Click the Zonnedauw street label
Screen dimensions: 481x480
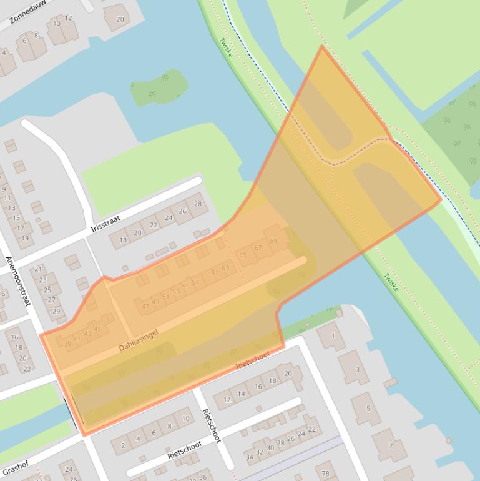(29, 11)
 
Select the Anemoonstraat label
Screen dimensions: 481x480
(19, 280)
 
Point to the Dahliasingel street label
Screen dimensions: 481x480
(139, 339)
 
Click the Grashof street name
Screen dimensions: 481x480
(15, 467)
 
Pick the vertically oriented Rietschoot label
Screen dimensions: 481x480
(212, 425)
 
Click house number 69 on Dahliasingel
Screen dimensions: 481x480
(273, 241)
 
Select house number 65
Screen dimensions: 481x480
(243, 255)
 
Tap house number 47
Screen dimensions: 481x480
(145, 306)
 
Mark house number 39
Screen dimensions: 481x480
(67, 344)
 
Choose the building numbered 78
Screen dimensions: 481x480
(325, 473)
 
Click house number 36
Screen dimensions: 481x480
(202, 477)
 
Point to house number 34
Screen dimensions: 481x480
(250, 457)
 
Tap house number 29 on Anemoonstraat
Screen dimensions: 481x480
(55, 311)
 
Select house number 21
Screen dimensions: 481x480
(38, 270)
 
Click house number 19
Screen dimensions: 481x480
(25, 238)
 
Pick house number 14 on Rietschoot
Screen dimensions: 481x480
(242, 394)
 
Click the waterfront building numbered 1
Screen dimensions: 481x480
(333, 336)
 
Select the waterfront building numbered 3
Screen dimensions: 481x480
(357, 369)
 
